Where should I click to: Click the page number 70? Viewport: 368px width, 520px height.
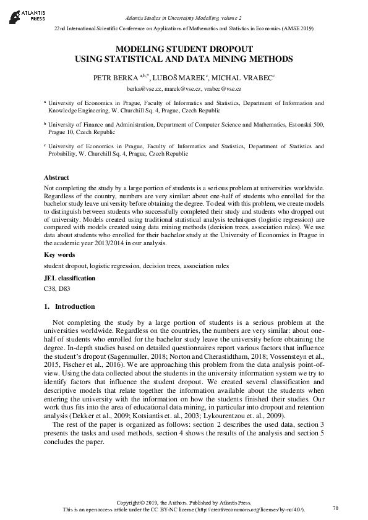(x=335, y=508)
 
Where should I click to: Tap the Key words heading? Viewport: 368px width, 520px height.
(x=59, y=254)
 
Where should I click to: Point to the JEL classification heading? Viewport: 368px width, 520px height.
(x=69, y=278)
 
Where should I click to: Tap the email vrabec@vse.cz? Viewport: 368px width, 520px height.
(x=223, y=89)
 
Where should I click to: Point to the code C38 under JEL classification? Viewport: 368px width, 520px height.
(x=50, y=288)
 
